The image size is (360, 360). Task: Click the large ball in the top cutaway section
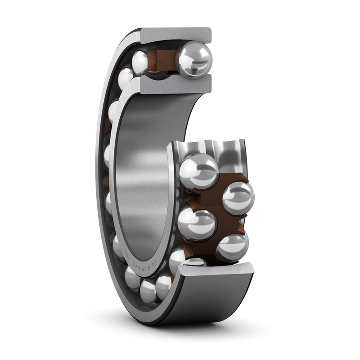click(x=193, y=60)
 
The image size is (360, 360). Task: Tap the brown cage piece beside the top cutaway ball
click(x=162, y=59)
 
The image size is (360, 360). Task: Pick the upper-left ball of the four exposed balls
click(x=198, y=171)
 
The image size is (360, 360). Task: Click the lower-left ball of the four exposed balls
click(x=197, y=225)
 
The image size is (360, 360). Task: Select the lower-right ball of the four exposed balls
click(x=232, y=247)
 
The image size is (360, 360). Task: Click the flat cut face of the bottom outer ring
click(x=216, y=270)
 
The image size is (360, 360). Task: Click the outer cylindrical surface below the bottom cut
click(x=211, y=301)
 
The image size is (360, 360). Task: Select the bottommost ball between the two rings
click(x=148, y=291)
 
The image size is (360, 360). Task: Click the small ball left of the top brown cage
click(x=140, y=61)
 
